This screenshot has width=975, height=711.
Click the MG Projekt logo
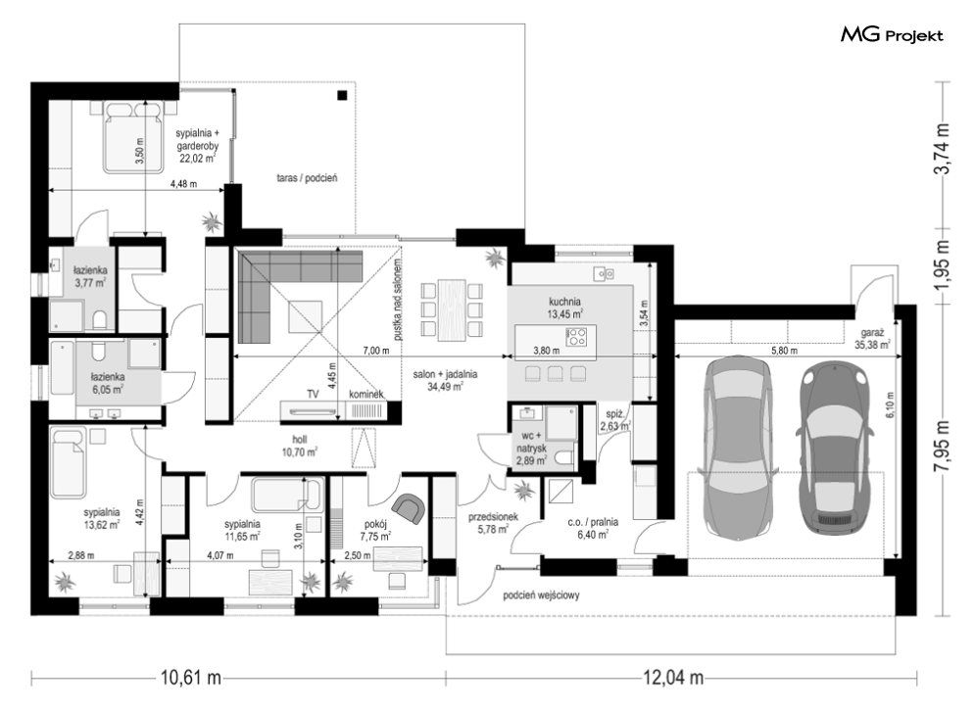pos(892,35)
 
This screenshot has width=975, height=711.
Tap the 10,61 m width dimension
pos(191,678)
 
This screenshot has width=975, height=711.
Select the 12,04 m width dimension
pos(673,678)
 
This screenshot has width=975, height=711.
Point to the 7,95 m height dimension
pos(944,447)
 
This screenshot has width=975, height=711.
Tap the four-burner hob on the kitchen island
pos(576,336)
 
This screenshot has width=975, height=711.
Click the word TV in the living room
pos(313,394)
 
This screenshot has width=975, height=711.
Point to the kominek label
pos(366,394)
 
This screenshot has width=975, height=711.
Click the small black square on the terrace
pos(341,95)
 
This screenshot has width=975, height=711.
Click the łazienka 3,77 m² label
pos(90,276)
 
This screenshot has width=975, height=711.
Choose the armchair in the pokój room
pos(410,508)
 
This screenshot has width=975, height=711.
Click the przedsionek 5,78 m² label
pos(493,523)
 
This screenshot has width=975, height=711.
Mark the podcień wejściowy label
pos(542,595)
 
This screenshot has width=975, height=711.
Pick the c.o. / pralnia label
pos(593,528)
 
